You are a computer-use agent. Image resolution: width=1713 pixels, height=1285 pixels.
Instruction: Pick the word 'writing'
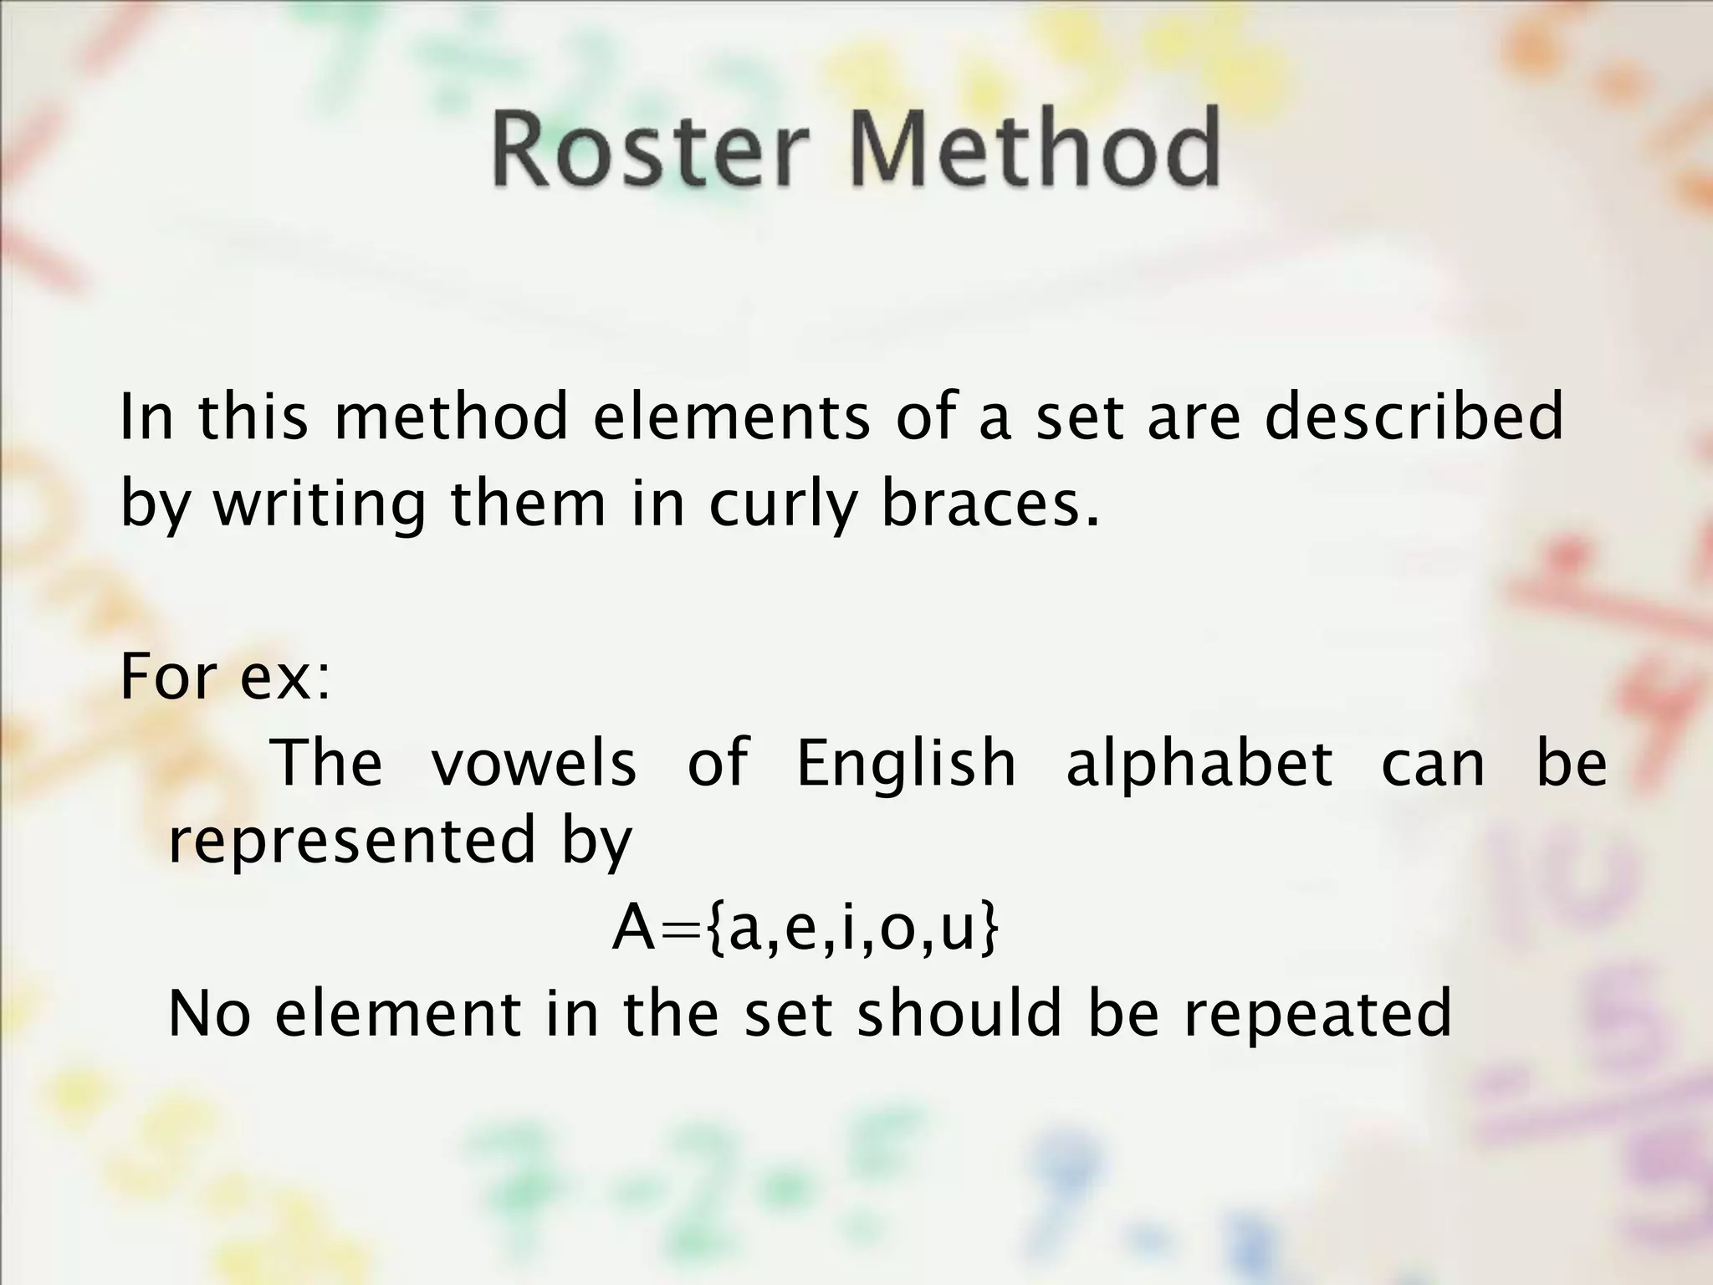coord(320,505)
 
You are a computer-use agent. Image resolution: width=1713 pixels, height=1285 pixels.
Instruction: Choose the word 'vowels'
coord(534,762)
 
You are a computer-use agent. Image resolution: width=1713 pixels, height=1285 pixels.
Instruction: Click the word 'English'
coord(906,763)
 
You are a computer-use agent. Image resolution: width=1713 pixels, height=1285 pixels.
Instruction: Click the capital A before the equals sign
coord(633,929)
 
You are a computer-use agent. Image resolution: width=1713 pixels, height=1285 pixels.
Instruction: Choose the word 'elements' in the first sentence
coord(732,417)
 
